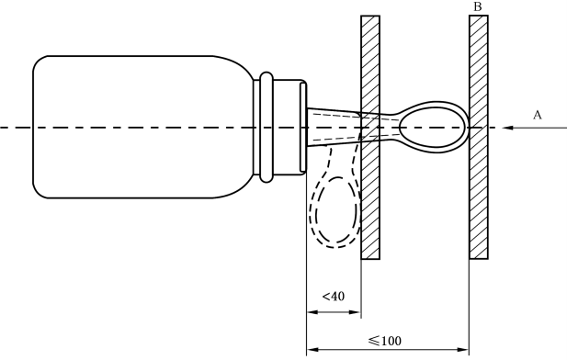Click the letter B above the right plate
tap(478, 6)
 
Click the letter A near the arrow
tap(538, 116)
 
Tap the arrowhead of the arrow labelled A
tap(507, 128)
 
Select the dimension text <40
tap(334, 297)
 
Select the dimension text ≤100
tap(385, 341)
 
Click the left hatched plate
tap(370, 138)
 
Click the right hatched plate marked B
tap(479, 138)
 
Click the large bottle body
tap(142, 128)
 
